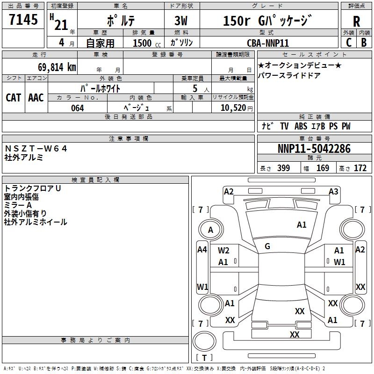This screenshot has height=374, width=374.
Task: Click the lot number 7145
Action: coord(23,20)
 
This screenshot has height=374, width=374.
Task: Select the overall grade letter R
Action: coord(356,22)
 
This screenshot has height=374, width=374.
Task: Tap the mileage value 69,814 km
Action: coord(57,67)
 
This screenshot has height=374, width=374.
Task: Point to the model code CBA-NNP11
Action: coord(268,43)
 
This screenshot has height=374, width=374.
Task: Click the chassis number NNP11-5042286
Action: coord(314,149)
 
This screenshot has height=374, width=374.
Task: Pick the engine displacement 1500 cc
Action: coord(147,43)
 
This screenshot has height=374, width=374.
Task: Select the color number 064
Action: coord(78,108)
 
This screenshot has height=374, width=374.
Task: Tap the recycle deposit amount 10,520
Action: coord(233,108)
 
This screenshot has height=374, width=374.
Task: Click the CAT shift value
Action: coord(14,98)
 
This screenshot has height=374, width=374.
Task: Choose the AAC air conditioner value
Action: coord(36,98)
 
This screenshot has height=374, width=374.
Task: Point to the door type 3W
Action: coord(181,21)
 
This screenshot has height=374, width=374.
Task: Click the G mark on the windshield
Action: coord(267,246)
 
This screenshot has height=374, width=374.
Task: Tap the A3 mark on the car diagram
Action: coord(333,192)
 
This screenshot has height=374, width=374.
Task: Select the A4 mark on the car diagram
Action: coord(202,250)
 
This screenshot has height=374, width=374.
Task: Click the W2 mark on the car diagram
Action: coord(223,251)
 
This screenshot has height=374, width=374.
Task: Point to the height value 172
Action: coord(360,168)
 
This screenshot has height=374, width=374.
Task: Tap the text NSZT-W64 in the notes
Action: coord(36,149)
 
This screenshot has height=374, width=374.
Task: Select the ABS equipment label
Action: coord(301,126)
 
